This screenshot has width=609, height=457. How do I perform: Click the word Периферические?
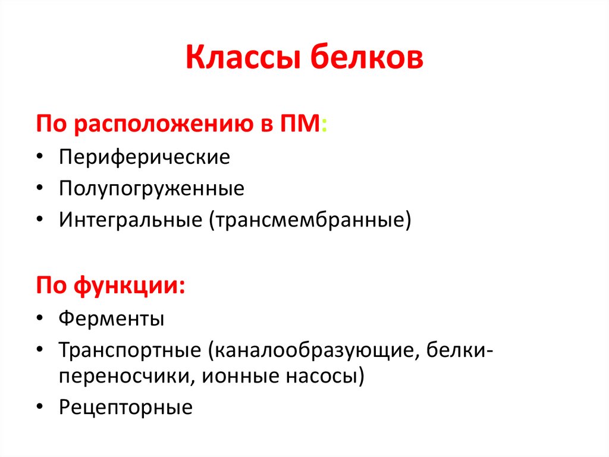tap(144, 158)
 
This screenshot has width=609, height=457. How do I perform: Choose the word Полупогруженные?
tap(151, 189)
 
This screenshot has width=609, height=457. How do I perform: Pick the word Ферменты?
tap(111, 318)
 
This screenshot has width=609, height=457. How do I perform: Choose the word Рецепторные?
tap(125, 408)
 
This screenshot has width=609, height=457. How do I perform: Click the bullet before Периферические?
tap(39, 158)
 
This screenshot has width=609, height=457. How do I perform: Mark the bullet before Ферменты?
tap(39, 318)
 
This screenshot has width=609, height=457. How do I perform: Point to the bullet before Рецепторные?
tap(39, 408)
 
